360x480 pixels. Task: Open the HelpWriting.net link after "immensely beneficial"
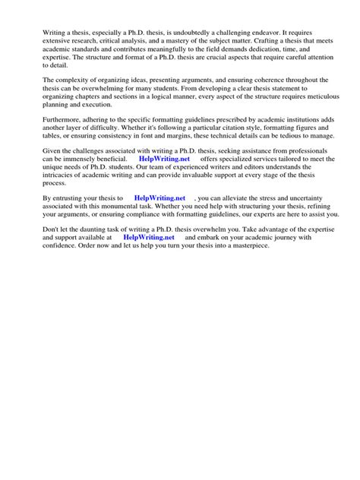click(x=164, y=160)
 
